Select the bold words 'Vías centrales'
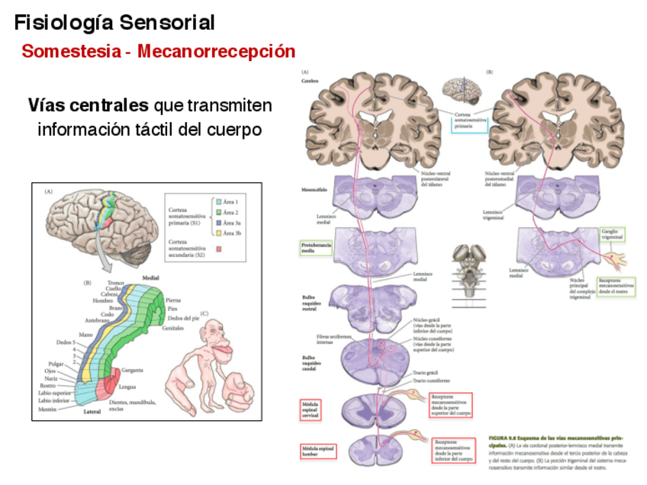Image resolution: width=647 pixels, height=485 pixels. pyautogui.click(x=88, y=104)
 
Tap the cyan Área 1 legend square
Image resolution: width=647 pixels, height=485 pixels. pyautogui.click(x=217, y=200)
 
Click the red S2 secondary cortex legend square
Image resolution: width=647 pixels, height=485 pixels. pyautogui.click(x=217, y=248)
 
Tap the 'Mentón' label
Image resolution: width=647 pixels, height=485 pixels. pyautogui.click(x=47, y=410)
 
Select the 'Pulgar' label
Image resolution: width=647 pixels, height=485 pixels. pyautogui.click(x=55, y=364)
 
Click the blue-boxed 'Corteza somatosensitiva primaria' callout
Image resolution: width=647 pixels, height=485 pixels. pyautogui.click(x=468, y=121)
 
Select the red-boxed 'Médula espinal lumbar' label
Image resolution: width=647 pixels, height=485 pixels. pyautogui.click(x=318, y=451)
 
